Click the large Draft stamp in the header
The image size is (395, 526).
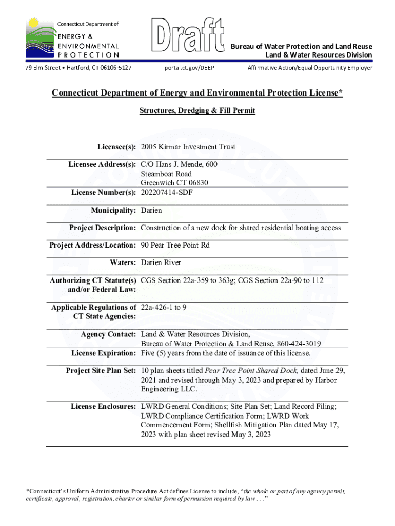(189, 35)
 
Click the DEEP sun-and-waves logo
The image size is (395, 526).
(38, 39)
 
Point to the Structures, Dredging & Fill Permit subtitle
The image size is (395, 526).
(197, 110)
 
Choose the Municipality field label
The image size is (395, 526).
(113, 211)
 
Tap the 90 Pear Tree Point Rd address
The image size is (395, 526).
(175, 246)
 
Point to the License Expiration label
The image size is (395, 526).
(104, 353)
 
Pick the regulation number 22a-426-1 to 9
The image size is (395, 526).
(164, 308)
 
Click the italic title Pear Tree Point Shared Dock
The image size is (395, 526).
(251, 371)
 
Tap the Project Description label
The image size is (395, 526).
(103, 228)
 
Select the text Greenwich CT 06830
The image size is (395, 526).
(174, 183)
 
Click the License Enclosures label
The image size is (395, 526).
(103, 407)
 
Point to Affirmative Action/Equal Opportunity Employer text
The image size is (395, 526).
(310, 68)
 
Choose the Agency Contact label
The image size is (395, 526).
(108, 335)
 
